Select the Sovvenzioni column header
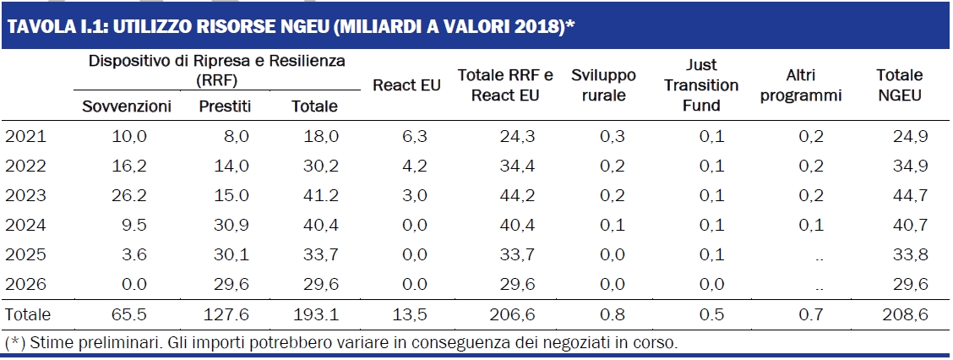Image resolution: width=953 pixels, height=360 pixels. [x=127, y=106]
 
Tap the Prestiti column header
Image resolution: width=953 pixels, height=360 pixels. [x=226, y=106]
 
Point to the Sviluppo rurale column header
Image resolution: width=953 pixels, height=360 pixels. [x=603, y=85]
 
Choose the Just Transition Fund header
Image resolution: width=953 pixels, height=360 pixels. [x=701, y=85]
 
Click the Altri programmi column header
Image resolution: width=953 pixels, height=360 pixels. [x=800, y=85]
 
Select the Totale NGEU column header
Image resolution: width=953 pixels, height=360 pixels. [x=899, y=85]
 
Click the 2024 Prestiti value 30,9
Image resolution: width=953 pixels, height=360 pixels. [x=232, y=226]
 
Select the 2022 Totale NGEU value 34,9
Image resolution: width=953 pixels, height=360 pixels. [x=910, y=166]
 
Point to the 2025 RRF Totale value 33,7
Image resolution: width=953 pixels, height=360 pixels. [x=322, y=255]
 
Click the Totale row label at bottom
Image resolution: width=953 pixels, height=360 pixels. [x=28, y=315]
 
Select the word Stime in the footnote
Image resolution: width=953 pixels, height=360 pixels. [x=49, y=343]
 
